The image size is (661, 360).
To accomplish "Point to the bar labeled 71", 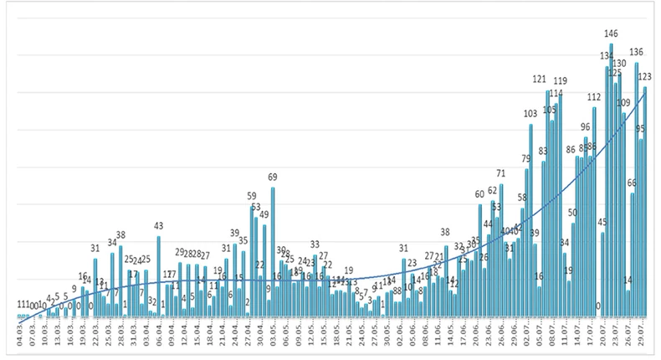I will pyautogui.click(x=501, y=251).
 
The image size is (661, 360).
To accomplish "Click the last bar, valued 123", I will pyautogui.click(x=645, y=201).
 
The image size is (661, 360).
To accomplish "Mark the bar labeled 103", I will pyautogui.click(x=530, y=222).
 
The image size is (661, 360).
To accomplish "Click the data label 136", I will pyautogui.click(x=637, y=52).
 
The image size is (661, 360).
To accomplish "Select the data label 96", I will pyautogui.click(x=586, y=127).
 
